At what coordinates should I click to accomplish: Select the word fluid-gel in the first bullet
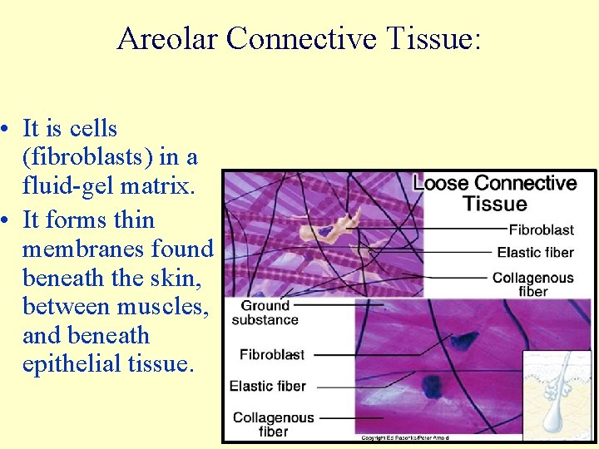(x=75, y=186)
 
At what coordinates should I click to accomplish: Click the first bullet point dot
(x=6, y=130)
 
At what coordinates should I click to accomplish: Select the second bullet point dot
(x=6, y=221)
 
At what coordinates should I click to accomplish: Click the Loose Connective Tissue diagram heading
(x=495, y=193)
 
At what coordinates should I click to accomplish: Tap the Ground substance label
(x=265, y=313)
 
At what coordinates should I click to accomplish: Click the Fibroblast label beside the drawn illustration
(x=541, y=229)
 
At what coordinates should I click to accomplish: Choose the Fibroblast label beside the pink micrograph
(x=271, y=355)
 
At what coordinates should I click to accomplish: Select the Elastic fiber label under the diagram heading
(x=535, y=253)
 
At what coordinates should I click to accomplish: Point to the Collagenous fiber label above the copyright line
(x=273, y=424)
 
